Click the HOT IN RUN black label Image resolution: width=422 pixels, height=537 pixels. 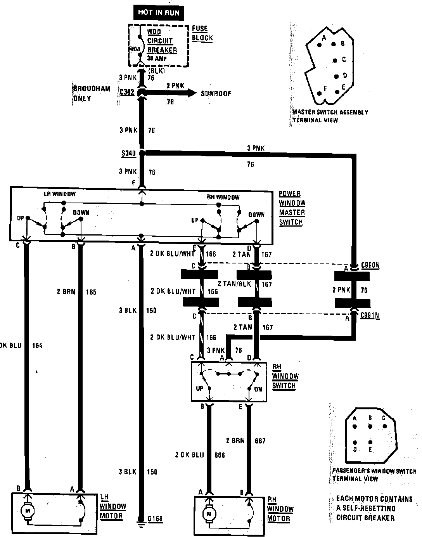pyautogui.click(x=159, y=12)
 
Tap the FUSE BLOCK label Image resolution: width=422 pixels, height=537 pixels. pyautogui.click(x=202, y=33)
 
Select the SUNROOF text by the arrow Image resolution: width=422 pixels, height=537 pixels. pyautogui.click(x=216, y=94)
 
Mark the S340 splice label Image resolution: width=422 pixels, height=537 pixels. pyautogui.click(x=128, y=153)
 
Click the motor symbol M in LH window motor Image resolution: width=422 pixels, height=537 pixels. pyautogui.click(x=28, y=511)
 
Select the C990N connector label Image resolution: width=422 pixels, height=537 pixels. pyautogui.click(x=370, y=266)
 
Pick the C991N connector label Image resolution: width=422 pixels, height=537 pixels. pyautogui.click(x=370, y=315)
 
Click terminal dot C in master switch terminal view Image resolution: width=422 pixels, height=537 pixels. pyautogui.click(x=335, y=60)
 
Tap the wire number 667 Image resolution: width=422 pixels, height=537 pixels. pyautogui.click(x=260, y=441)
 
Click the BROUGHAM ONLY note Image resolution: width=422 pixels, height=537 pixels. pyautogui.click(x=86, y=94)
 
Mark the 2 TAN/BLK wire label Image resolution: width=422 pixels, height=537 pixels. pyautogui.click(x=234, y=284)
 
